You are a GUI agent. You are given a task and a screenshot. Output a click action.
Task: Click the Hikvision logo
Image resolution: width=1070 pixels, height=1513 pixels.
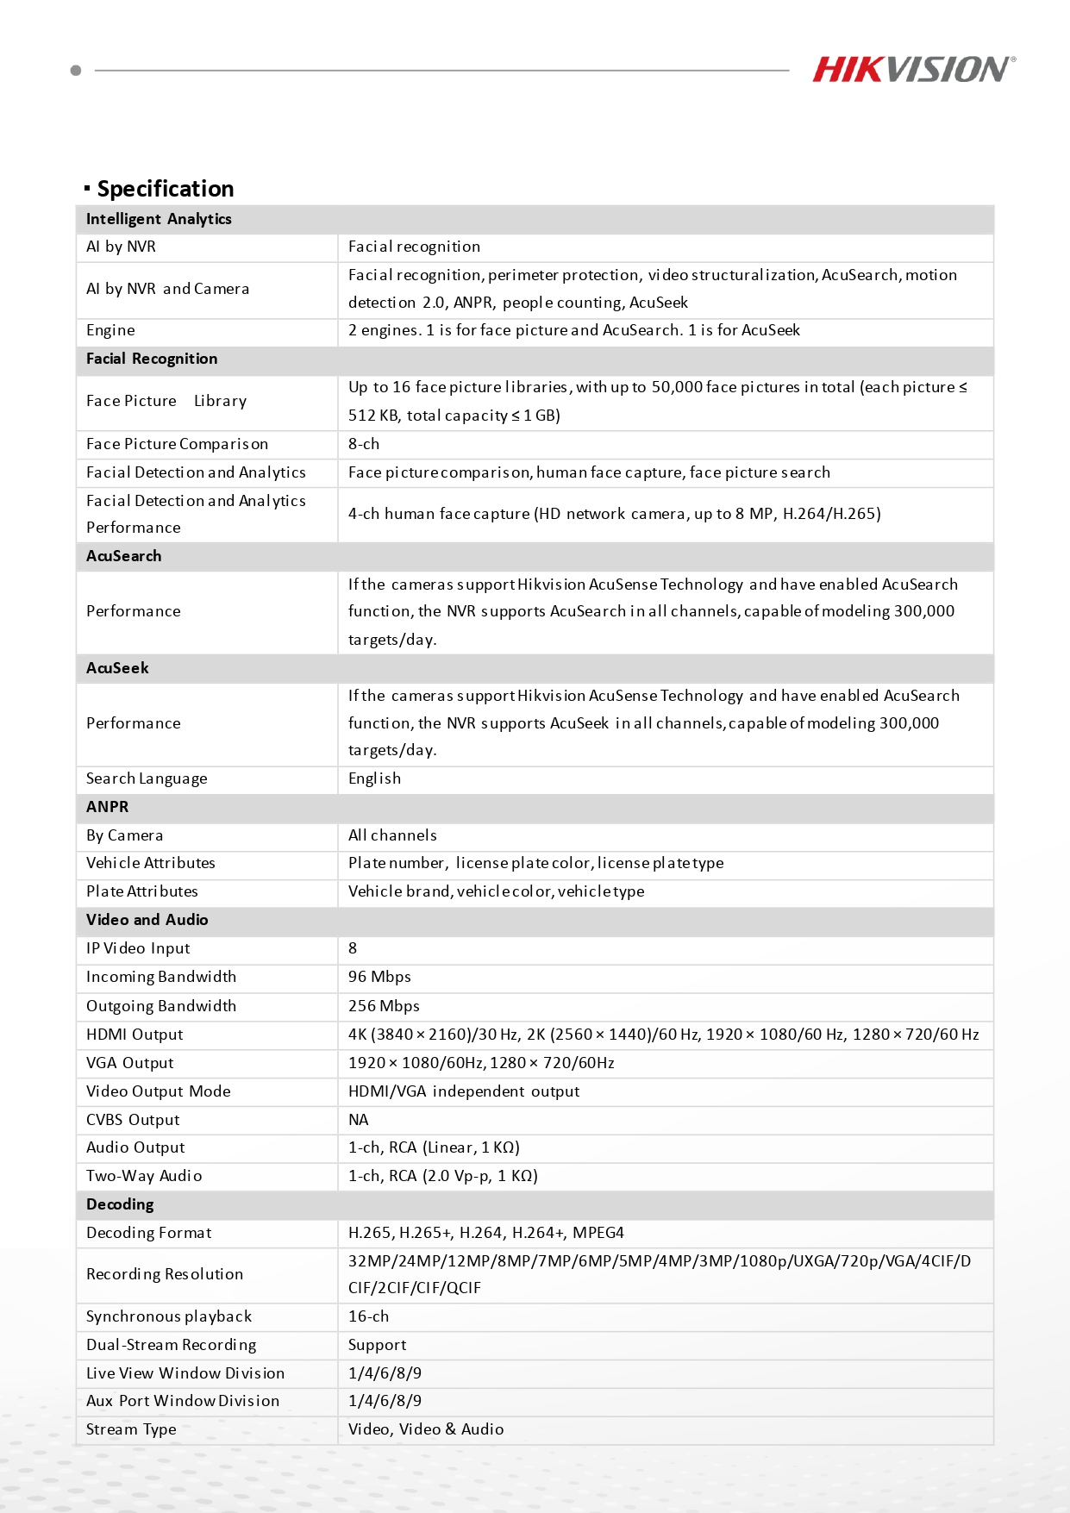[x=913, y=70]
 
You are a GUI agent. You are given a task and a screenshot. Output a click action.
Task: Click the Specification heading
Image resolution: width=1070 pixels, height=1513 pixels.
[x=165, y=189]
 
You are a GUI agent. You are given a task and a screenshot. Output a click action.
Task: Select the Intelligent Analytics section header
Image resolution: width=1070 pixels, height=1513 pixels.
[x=159, y=219]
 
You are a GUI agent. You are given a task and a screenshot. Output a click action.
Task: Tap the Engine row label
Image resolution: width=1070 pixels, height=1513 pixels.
[x=110, y=330]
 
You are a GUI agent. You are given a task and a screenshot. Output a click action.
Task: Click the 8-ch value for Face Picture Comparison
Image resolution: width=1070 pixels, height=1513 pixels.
[x=364, y=444]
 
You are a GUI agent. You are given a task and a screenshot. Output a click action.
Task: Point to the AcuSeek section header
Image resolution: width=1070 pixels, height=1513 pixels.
[x=117, y=668]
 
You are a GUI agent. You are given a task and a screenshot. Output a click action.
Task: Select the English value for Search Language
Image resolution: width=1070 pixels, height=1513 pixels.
[x=374, y=778]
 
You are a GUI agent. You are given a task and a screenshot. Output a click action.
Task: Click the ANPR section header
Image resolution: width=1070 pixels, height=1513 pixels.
[x=107, y=807]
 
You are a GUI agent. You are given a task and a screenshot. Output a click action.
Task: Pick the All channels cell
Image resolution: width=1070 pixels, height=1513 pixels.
[x=392, y=835]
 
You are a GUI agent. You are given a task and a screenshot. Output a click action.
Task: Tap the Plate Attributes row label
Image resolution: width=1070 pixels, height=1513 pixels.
[x=142, y=891]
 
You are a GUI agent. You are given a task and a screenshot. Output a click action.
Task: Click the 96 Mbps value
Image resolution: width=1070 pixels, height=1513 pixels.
[x=379, y=977]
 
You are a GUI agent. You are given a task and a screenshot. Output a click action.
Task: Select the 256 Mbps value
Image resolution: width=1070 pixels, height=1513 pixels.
[x=384, y=1006]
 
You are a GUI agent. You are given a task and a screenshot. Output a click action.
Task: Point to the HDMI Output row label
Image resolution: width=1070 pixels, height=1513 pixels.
[x=135, y=1035]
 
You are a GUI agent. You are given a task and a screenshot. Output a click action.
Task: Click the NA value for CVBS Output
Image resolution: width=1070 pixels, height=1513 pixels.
[x=359, y=1120]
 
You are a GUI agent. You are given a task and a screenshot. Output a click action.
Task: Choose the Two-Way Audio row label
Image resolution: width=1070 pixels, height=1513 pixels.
[x=144, y=1176]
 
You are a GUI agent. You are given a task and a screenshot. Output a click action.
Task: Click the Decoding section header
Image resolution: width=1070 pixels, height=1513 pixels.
[x=120, y=1204]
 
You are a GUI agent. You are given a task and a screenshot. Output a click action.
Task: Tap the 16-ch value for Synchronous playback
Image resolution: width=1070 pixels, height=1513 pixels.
[x=368, y=1316]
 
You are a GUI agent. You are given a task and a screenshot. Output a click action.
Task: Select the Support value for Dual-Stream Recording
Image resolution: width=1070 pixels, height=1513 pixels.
[x=377, y=1345]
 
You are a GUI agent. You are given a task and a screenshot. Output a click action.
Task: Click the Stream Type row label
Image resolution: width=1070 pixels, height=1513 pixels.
[x=131, y=1429]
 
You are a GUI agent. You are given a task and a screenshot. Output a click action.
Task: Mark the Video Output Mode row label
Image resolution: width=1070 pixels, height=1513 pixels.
[x=159, y=1091]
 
